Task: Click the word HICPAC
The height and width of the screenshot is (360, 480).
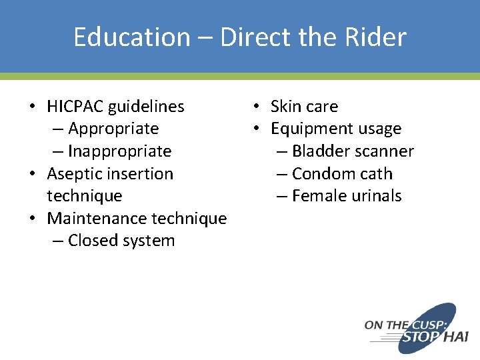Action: coord(75,107)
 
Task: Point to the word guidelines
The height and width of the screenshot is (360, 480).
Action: coord(146,107)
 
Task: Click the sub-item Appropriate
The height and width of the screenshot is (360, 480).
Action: coord(113,129)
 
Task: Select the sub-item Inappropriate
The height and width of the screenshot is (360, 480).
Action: coord(119,151)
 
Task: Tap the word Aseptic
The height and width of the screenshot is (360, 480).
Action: coord(71,174)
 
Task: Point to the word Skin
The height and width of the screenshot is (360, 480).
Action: coord(285,107)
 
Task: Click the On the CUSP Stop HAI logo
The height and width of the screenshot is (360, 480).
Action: coord(416,328)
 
